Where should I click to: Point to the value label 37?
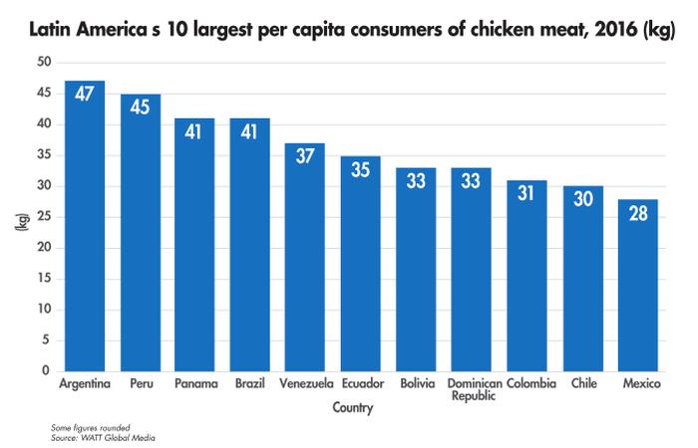(304, 158)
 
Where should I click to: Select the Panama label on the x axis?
(194, 382)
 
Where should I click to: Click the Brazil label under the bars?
(249, 382)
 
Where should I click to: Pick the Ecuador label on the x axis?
(359, 382)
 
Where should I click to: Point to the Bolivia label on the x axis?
(414, 382)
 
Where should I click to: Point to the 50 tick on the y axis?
(44, 63)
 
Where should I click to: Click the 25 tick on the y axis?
(44, 217)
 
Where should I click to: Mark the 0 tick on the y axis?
(47, 371)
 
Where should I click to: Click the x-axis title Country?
(354, 407)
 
